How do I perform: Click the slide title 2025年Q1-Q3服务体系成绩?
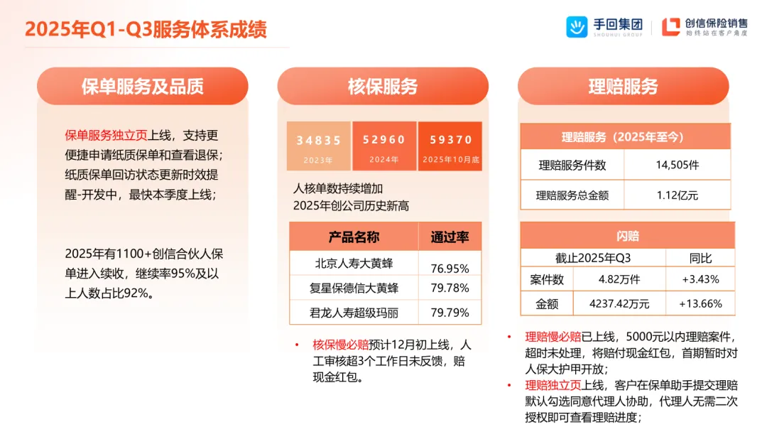[x=146, y=28]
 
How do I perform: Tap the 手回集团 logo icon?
[x=576, y=27]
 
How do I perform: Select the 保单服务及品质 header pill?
[x=142, y=87]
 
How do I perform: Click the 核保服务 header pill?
[x=383, y=87]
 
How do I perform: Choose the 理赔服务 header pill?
[x=623, y=87]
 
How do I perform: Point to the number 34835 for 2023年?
[x=319, y=141]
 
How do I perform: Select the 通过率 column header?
[x=450, y=237]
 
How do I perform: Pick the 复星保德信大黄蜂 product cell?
[x=354, y=288]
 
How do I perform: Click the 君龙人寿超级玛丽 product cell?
[x=354, y=312]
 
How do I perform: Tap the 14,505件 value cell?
[x=677, y=165]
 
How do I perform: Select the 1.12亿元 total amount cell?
[x=677, y=195]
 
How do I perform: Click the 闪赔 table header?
[x=627, y=235]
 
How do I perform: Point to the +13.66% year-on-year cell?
[x=700, y=303]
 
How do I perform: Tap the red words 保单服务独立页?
[x=105, y=135]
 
